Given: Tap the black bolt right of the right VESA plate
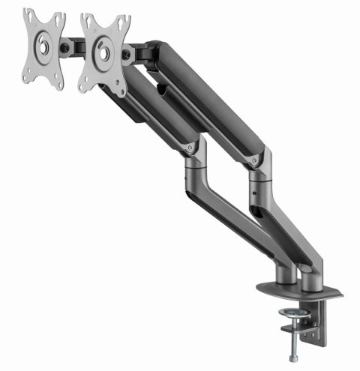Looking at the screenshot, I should click(x=129, y=54).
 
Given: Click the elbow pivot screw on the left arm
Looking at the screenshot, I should click(x=193, y=149).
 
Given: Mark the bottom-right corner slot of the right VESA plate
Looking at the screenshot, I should click(x=120, y=89).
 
